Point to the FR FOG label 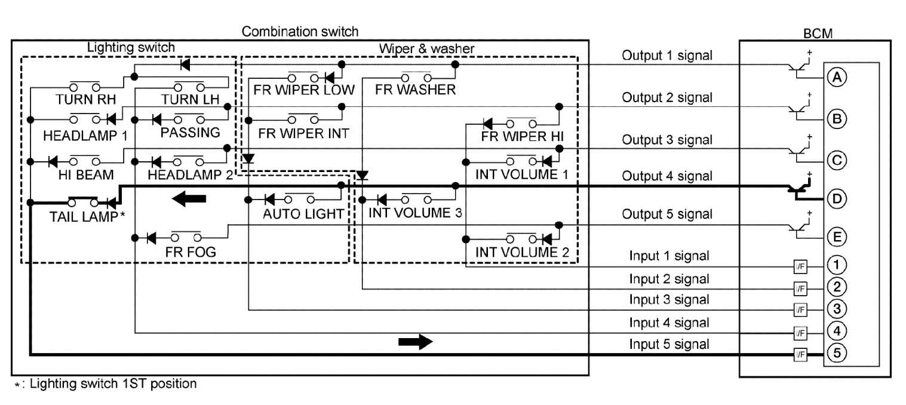[x=191, y=251]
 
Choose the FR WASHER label [x=416, y=91]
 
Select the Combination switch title [x=300, y=30]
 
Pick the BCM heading [x=815, y=33]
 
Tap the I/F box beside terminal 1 [x=799, y=266]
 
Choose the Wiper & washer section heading [x=425, y=47]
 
